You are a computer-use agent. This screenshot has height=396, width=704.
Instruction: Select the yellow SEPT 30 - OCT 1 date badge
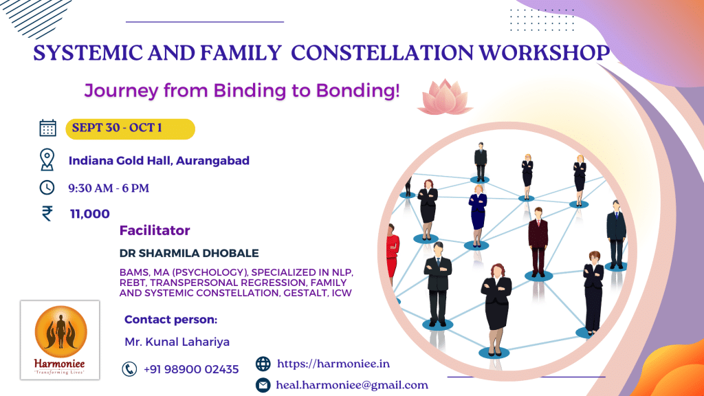[x=130, y=129]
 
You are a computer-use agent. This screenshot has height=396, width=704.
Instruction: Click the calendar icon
[x=47, y=128]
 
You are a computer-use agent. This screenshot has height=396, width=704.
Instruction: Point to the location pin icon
[x=47, y=159]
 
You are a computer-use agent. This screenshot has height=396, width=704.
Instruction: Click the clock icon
[x=47, y=187]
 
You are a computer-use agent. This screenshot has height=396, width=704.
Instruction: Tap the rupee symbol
[x=47, y=213]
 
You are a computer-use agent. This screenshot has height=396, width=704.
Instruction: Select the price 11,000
[x=89, y=214]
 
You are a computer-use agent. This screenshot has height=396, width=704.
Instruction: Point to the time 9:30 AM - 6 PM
[x=109, y=188]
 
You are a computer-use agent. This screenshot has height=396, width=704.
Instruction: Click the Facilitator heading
[x=155, y=230]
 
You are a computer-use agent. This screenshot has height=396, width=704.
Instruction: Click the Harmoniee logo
[x=60, y=340]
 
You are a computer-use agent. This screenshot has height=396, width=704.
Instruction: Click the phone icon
[x=129, y=369]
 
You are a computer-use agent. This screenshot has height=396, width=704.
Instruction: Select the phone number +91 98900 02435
[x=191, y=369]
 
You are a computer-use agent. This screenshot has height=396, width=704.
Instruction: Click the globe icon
[x=263, y=364]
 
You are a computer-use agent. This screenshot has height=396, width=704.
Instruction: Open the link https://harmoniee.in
[x=333, y=364]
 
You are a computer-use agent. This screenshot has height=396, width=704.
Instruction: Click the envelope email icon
[x=263, y=385]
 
